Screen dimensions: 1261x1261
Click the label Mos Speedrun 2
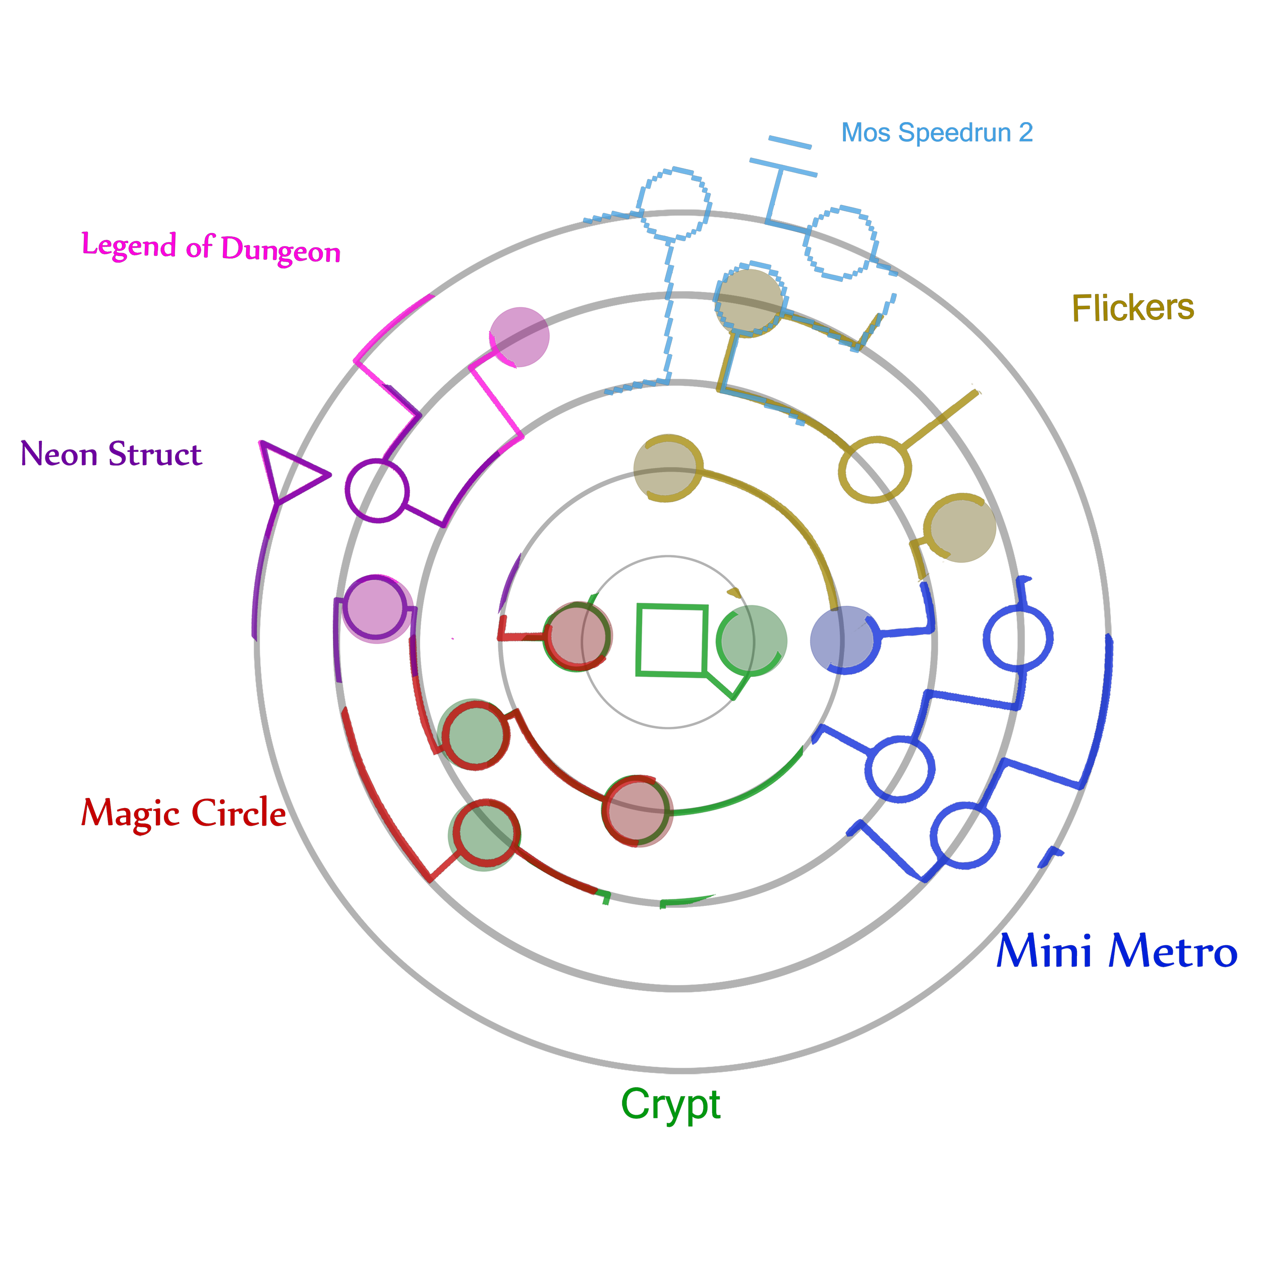coord(936,133)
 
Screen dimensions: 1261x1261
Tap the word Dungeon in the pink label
coord(280,250)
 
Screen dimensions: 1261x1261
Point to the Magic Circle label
coord(184,813)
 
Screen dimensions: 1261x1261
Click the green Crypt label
coord(670,1104)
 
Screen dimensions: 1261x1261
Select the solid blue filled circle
coord(843,640)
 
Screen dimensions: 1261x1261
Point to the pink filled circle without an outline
coord(520,337)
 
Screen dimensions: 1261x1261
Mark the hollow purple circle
coord(377,491)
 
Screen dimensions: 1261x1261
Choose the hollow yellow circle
coord(874,469)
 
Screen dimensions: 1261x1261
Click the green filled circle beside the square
coord(752,640)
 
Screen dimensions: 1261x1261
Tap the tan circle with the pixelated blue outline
coord(750,303)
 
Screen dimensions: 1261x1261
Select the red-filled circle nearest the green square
coord(578,637)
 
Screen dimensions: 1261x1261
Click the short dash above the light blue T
coord(790,142)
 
